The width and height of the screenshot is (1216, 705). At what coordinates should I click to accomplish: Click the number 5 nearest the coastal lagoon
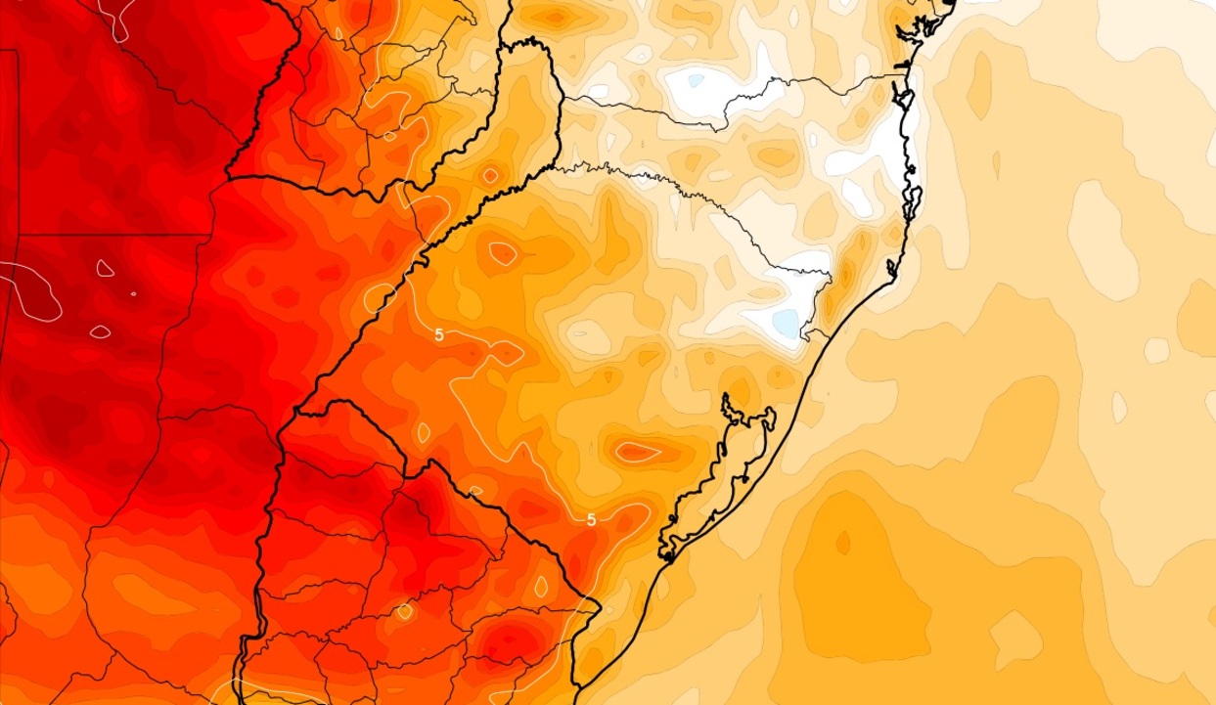[x=591, y=520]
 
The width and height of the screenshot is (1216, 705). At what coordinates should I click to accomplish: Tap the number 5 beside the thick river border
[x=439, y=334]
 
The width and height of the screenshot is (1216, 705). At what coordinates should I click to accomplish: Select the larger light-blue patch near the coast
[x=786, y=324]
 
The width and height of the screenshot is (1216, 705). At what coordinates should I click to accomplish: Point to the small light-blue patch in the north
[x=695, y=81]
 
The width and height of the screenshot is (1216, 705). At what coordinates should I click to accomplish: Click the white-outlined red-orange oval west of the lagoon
[x=638, y=452]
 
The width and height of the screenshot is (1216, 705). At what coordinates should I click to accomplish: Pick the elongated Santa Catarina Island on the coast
[x=912, y=192]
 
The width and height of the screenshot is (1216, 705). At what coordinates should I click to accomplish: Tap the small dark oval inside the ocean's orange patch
[x=842, y=541]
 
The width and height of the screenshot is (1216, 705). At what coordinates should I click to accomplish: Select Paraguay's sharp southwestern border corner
[x=227, y=176]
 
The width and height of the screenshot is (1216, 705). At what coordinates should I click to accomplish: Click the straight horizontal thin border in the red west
[x=108, y=236]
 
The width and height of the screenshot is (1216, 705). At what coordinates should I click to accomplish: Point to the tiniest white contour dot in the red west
[x=134, y=293]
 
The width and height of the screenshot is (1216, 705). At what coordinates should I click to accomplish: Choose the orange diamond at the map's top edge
[x=556, y=16]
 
